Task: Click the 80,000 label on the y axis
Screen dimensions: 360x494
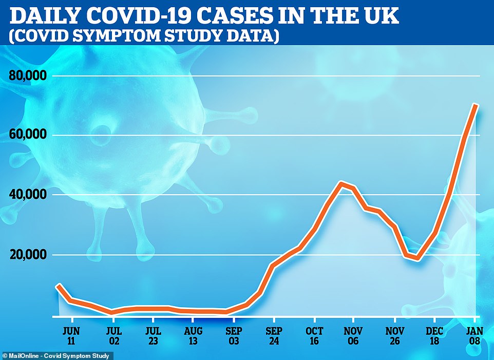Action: click(x=28, y=76)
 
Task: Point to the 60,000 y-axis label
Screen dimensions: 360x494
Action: click(x=28, y=136)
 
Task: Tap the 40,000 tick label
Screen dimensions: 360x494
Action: click(x=28, y=195)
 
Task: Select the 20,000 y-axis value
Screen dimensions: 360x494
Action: click(x=28, y=255)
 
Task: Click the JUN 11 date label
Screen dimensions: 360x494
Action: click(x=72, y=334)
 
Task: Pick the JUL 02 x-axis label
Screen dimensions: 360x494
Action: click(x=114, y=334)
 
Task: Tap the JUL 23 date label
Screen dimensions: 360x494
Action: click(x=155, y=334)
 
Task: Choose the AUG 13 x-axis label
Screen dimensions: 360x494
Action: click(x=193, y=334)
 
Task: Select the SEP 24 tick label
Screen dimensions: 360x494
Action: click(x=274, y=334)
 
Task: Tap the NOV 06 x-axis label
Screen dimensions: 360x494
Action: click(x=354, y=334)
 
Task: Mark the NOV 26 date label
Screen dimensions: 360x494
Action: click(x=394, y=334)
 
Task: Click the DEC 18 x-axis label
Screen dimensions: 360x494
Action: click(x=434, y=334)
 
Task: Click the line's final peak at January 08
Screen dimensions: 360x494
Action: click(x=476, y=105)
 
